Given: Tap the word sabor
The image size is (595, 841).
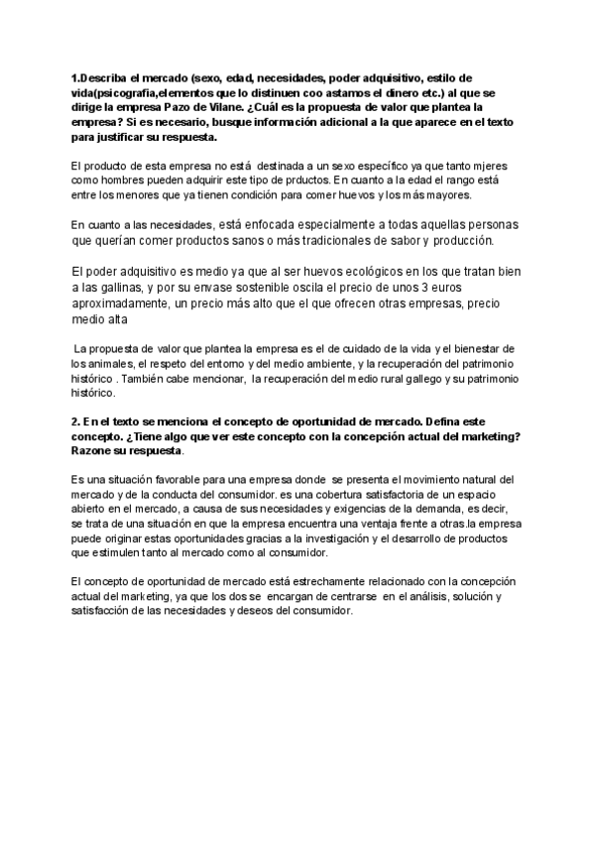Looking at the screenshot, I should pos(412,240).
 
